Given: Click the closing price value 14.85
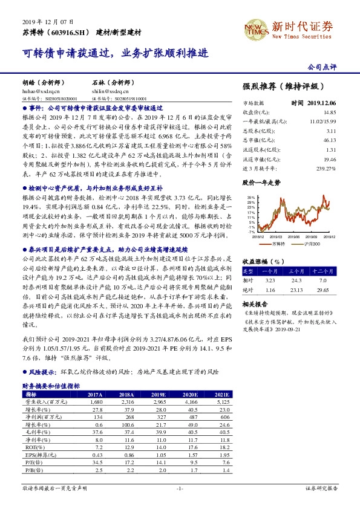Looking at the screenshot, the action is (329, 112).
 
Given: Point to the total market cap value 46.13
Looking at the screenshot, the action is (329, 140).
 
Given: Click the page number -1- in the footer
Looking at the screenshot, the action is (180, 487).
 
